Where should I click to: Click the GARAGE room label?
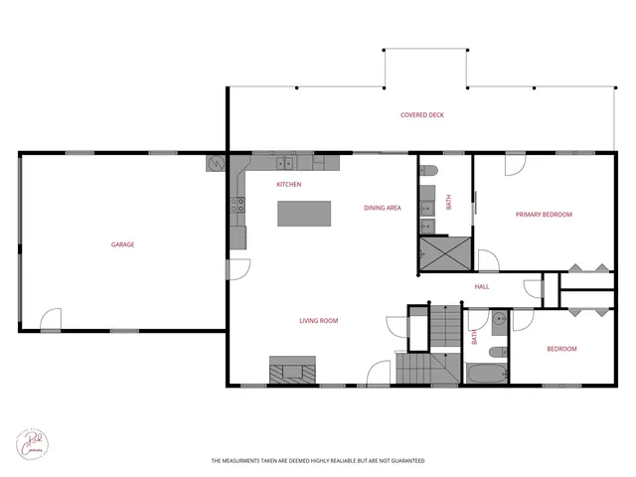(x=123, y=244)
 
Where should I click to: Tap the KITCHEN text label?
(x=289, y=185)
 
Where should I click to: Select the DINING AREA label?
(x=383, y=208)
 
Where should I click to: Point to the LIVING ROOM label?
(x=319, y=321)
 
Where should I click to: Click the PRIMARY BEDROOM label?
(x=544, y=215)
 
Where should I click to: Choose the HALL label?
(x=482, y=286)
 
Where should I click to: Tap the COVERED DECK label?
(x=422, y=115)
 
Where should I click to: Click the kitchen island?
(x=303, y=214)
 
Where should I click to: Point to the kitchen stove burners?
(x=238, y=207)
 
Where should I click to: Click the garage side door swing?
(x=50, y=320)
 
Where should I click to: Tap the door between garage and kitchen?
(x=238, y=269)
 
